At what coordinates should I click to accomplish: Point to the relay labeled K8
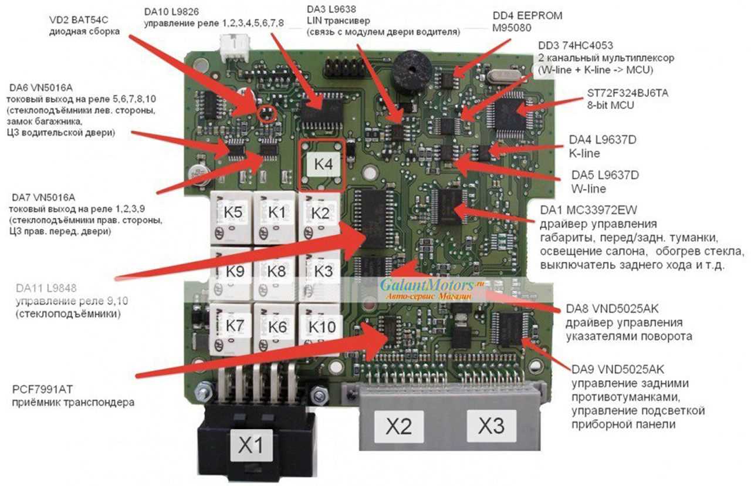click(x=276, y=271)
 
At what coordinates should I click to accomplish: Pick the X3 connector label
click(x=490, y=426)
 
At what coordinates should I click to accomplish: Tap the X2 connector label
click(x=398, y=426)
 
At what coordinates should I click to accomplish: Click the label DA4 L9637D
click(x=603, y=141)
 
